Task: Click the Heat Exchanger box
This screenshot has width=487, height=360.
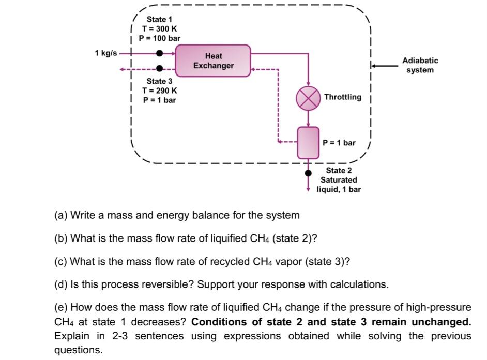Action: pos(213,61)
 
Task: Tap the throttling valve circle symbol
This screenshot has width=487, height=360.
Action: pos(308,98)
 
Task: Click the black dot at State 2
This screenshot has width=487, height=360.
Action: pos(309,173)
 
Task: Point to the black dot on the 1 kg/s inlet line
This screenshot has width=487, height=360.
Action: pos(160,53)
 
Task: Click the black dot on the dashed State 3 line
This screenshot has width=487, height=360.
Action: pos(160,68)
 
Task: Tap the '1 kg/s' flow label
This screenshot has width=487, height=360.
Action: pos(106,53)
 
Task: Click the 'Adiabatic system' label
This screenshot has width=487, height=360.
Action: pos(420,65)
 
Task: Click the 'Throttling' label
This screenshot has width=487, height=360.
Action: pos(343,97)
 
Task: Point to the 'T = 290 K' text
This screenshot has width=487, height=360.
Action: pos(160,91)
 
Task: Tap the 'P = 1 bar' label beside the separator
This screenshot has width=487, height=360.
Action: pos(339,142)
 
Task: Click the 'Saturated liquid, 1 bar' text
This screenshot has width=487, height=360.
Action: pos(339,185)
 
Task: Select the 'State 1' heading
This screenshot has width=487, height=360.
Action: pos(160,19)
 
